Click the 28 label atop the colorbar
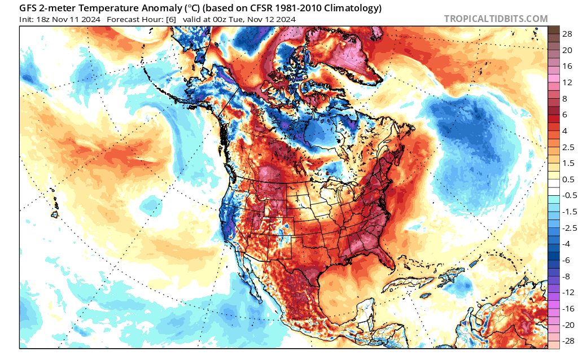click(567, 34)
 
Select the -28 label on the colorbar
click(566, 341)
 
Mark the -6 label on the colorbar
click(566, 260)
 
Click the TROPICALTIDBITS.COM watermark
click(496, 19)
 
